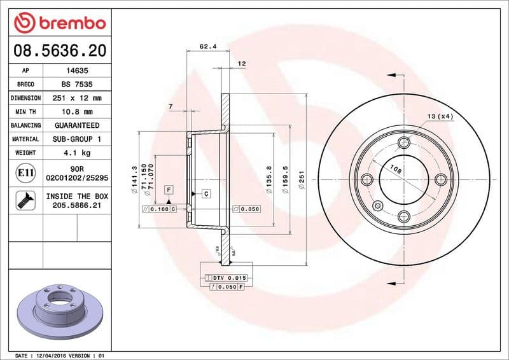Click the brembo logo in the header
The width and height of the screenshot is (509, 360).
pos(60,24)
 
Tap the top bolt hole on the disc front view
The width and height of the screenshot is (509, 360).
pos(403,142)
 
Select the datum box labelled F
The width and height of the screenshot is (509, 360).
pos(169,190)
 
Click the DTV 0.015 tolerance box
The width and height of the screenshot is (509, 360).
pos(227,278)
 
